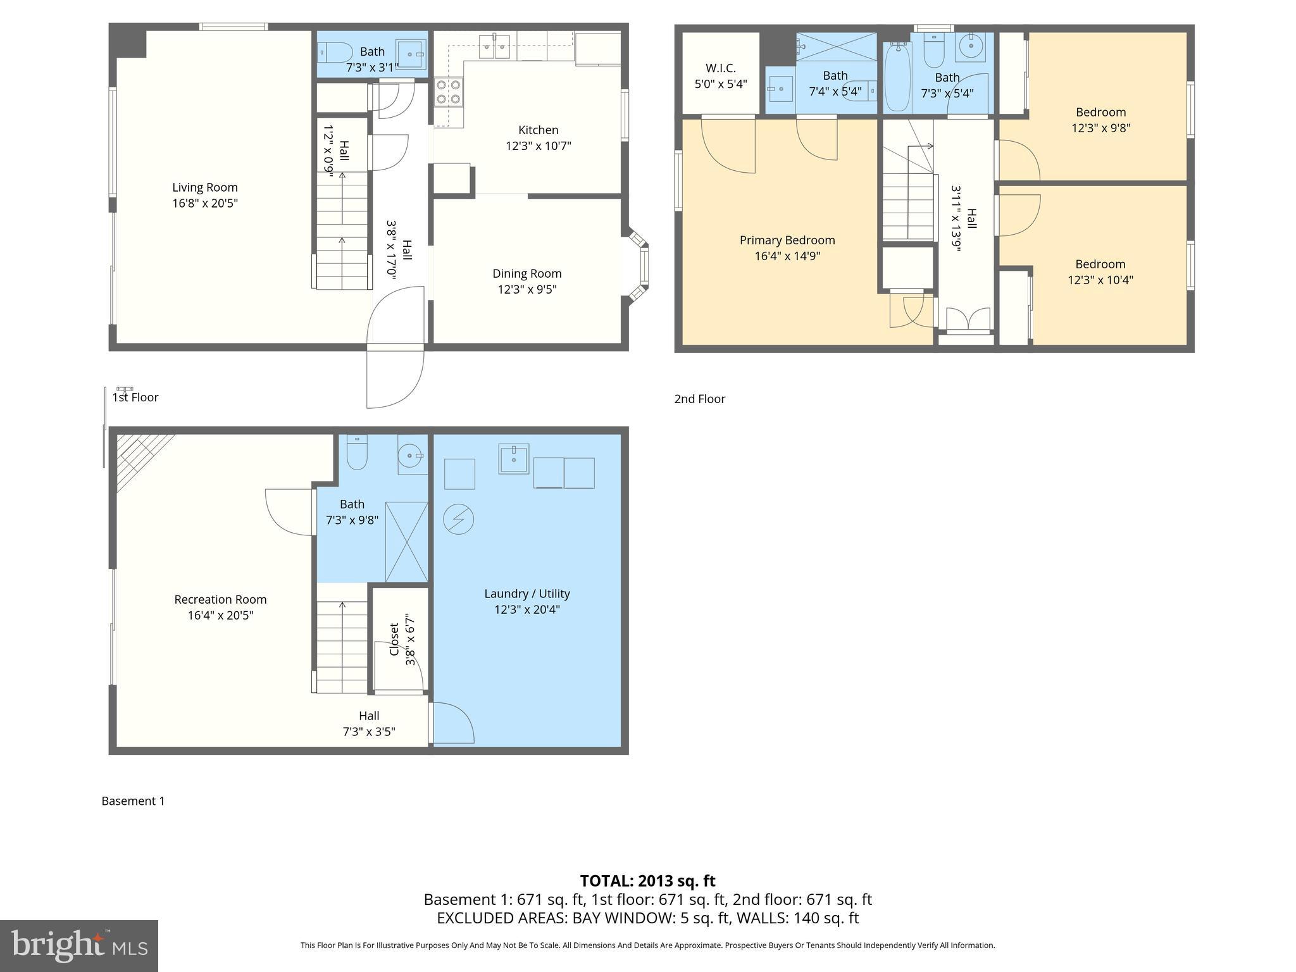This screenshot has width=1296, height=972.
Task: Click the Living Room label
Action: tap(205, 187)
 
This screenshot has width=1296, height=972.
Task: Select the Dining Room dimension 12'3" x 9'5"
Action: tap(526, 290)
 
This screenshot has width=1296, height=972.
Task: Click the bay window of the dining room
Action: tap(640, 266)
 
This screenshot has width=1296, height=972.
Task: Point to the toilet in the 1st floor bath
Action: tap(335, 53)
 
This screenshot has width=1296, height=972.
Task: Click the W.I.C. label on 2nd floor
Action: tap(720, 68)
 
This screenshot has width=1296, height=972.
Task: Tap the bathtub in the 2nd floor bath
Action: tap(897, 78)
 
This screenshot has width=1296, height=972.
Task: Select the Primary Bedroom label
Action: tap(787, 240)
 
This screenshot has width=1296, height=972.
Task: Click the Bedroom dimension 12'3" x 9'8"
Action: tap(1100, 128)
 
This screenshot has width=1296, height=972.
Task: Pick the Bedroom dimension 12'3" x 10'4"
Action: tap(1100, 280)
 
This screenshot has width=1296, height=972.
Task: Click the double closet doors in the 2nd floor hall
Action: tap(968, 319)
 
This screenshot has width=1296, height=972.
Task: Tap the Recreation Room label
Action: tap(220, 599)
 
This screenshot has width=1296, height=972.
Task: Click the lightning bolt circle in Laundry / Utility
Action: tap(459, 520)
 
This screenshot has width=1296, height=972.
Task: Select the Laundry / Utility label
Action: tap(526, 594)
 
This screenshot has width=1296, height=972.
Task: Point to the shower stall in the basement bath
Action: tap(406, 542)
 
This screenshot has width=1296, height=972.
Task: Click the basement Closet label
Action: tap(394, 639)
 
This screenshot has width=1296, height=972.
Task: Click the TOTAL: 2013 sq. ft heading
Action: tap(647, 881)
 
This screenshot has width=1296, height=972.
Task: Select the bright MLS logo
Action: tap(78, 945)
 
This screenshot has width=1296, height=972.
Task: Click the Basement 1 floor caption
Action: tap(133, 801)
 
